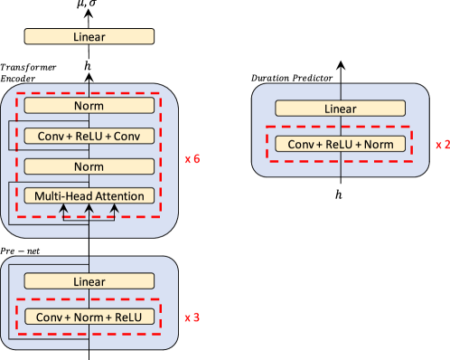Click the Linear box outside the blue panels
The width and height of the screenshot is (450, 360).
(x=89, y=37)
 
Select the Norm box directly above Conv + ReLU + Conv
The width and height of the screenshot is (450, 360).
(x=89, y=106)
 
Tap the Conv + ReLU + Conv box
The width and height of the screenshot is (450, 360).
(x=89, y=136)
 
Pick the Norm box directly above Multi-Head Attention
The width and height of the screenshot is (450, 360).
(x=89, y=166)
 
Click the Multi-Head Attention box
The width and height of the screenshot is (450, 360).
(x=89, y=196)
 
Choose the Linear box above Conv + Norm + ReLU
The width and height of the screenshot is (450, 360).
(x=89, y=281)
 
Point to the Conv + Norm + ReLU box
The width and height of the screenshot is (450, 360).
(x=89, y=317)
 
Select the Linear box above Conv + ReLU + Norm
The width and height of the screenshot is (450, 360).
(x=340, y=109)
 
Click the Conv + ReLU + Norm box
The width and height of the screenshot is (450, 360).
(x=340, y=145)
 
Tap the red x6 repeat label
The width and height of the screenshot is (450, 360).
(x=192, y=159)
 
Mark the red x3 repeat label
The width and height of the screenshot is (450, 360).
(x=192, y=317)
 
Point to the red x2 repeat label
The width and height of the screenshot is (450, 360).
(x=442, y=145)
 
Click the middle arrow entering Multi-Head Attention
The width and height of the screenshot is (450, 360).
(x=89, y=212)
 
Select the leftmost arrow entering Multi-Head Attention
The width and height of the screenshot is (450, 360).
(x=63, y=212)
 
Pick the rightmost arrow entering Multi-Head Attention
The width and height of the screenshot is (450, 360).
(x=114, y=212)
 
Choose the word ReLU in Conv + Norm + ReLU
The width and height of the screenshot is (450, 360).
(x=128, y=317)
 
